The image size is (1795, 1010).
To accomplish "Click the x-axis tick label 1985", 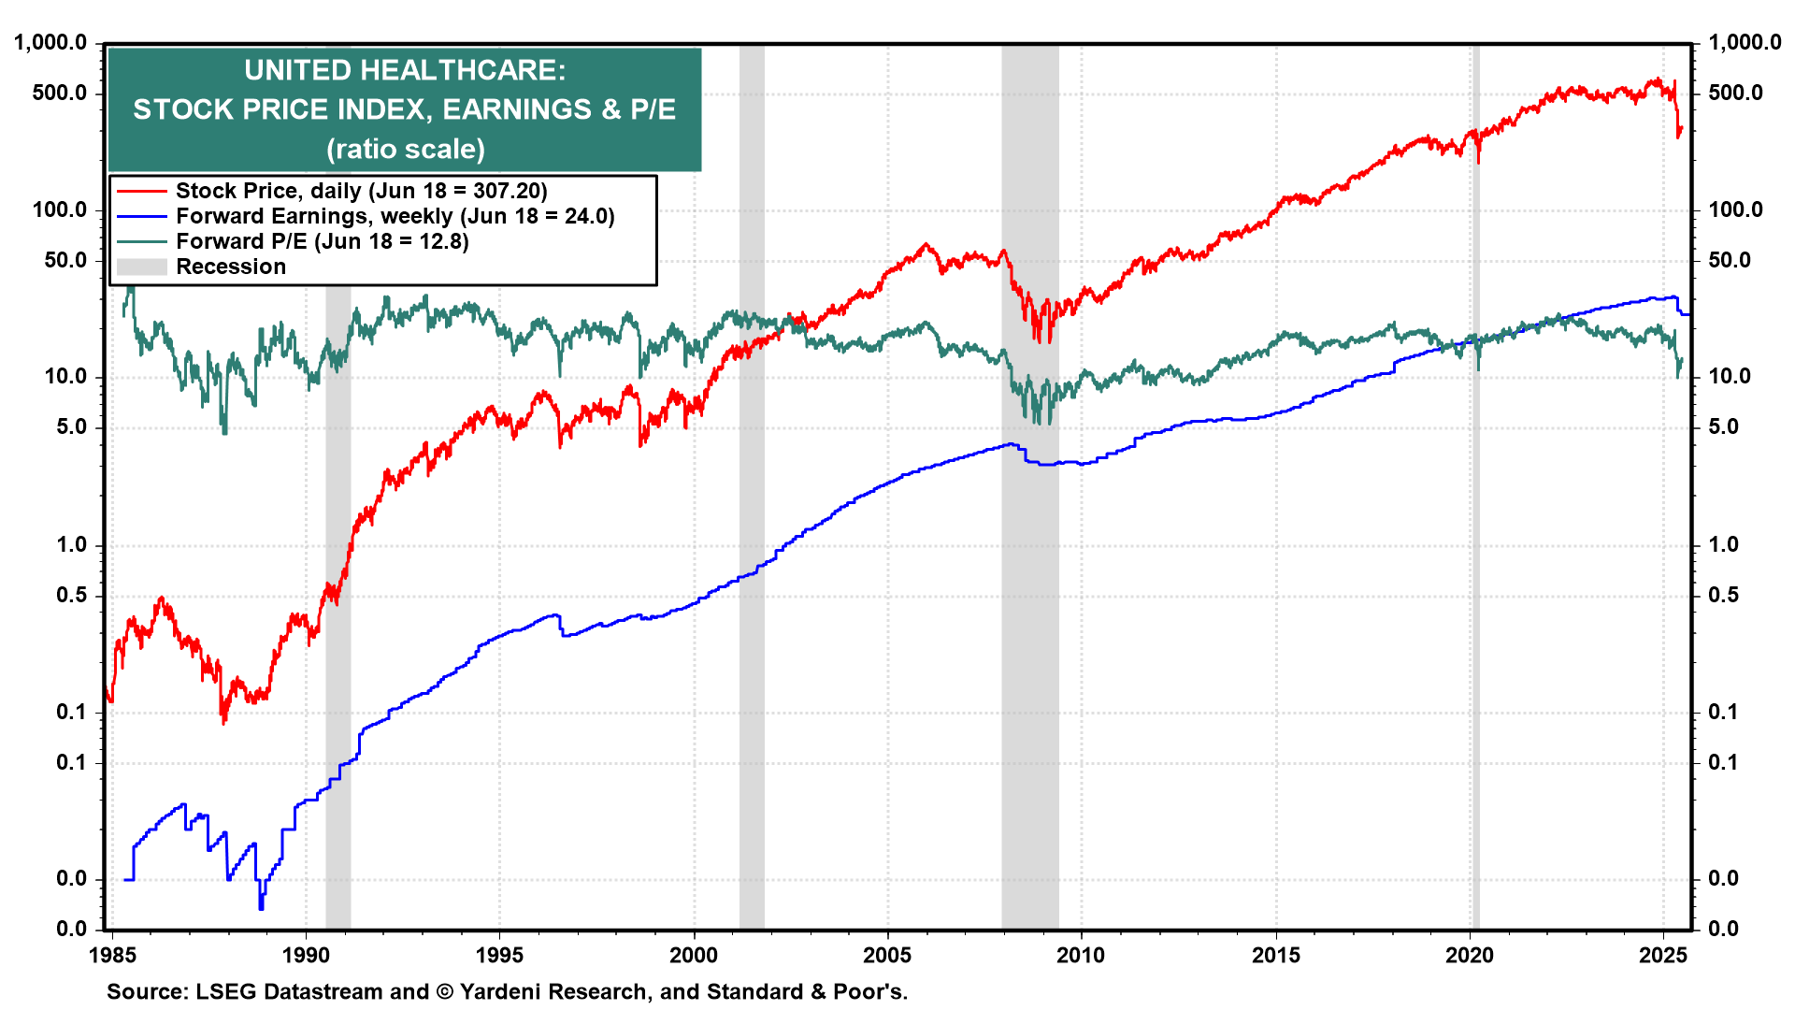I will pos(112,956).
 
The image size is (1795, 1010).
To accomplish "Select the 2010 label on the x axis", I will pos(1081,956).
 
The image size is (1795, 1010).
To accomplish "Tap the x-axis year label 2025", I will pos(1663,956).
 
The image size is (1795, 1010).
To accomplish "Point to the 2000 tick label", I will pos(694,956).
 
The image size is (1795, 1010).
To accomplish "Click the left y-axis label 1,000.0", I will pos(50,43).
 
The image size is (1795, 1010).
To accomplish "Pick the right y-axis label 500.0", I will pos(1735,94).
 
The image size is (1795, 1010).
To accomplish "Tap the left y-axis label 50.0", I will pos(65,260).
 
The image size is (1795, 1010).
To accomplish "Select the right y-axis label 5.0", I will pos(1723,427).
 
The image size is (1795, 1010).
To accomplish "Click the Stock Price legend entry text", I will pos(361,191).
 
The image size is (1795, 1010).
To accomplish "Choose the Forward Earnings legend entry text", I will pos(395,216).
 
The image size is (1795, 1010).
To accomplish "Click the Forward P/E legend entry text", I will pos(322,241).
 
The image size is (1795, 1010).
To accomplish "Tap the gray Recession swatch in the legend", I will pos(141,267).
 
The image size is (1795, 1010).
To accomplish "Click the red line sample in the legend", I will pos(141,191).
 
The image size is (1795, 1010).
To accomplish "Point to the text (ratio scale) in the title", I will pos(405,150).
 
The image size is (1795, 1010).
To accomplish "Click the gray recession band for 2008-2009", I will pos(1029,655).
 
